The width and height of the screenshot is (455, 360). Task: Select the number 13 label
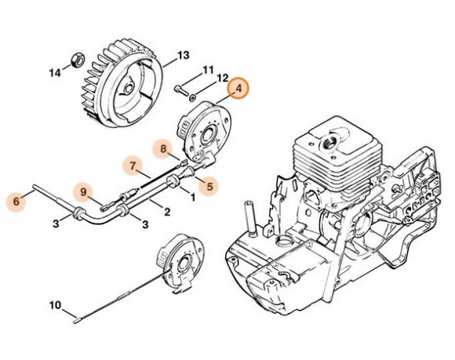pyautogui.click(x=183, y=55)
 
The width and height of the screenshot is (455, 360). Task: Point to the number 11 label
pyautogui.click(x=208, y=71)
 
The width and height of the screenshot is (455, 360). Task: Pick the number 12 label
pyautogui.click(x=222, y=78)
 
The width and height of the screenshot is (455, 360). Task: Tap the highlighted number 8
pyautogui.click(x=162, y=147)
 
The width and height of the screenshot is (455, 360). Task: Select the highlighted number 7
pyautogui.click(x=133, y=165)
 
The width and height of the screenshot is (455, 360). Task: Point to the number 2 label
pyautogui.click(x=166, y=210)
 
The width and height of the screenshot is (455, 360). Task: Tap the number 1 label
pyautogui.click(x=193, y=198)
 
